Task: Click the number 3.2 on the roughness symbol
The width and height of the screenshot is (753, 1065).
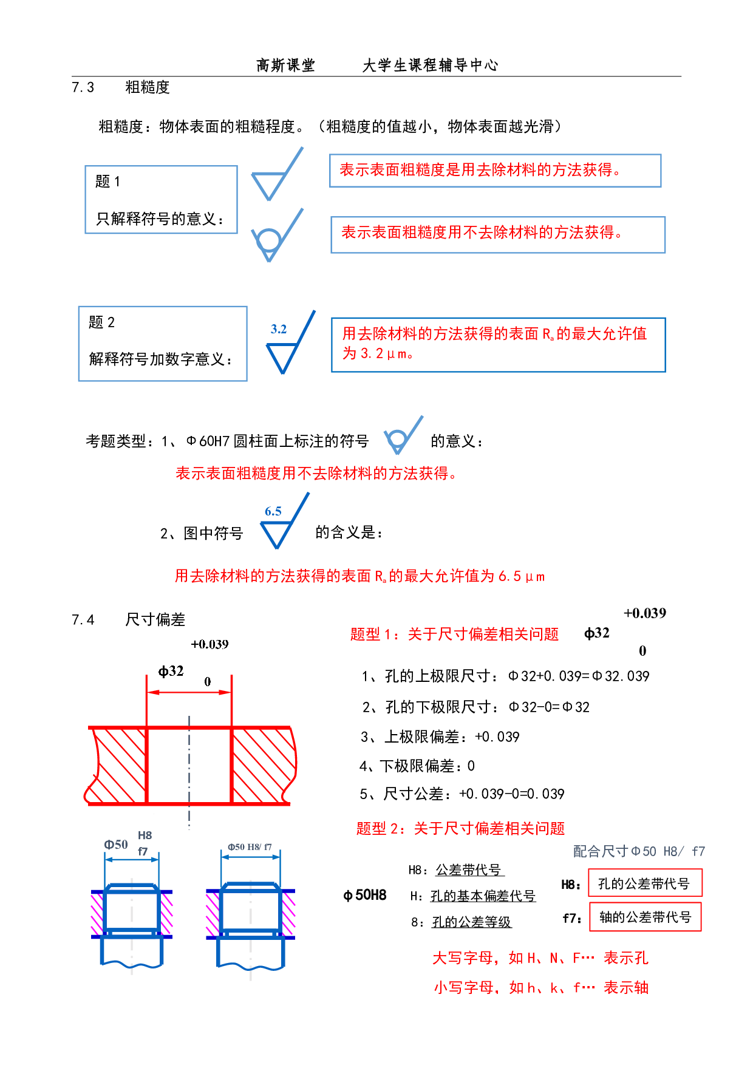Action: (x=279, y=329)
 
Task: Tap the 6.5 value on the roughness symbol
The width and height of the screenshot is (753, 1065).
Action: (x=273, y=511)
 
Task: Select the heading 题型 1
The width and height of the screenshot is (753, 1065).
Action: (x=454, y=635)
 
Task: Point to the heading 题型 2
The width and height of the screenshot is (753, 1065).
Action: (x=460, y=829)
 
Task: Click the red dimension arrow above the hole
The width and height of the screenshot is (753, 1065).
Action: (x=189, y=692)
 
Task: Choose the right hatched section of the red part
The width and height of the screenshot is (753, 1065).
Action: (x=262, y=765)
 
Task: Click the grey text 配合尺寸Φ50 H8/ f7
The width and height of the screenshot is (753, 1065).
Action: (x=638, y=852)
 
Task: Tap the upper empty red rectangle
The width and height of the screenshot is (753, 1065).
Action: (x=645, y=882)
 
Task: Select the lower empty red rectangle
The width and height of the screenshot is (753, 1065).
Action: (x=645, y=917)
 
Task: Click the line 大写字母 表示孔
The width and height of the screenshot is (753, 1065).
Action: (x=540, y=958)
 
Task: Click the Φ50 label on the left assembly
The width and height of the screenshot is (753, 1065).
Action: (x=116, y=845)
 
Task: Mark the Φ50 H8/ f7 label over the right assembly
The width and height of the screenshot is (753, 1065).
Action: (x=250, y=847)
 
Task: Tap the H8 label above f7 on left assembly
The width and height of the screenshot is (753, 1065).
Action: (x=145, y=835)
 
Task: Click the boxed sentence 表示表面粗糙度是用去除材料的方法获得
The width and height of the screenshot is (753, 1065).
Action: (x=480, y=170)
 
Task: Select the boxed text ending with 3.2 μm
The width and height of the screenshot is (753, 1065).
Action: (x=494, y=343)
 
